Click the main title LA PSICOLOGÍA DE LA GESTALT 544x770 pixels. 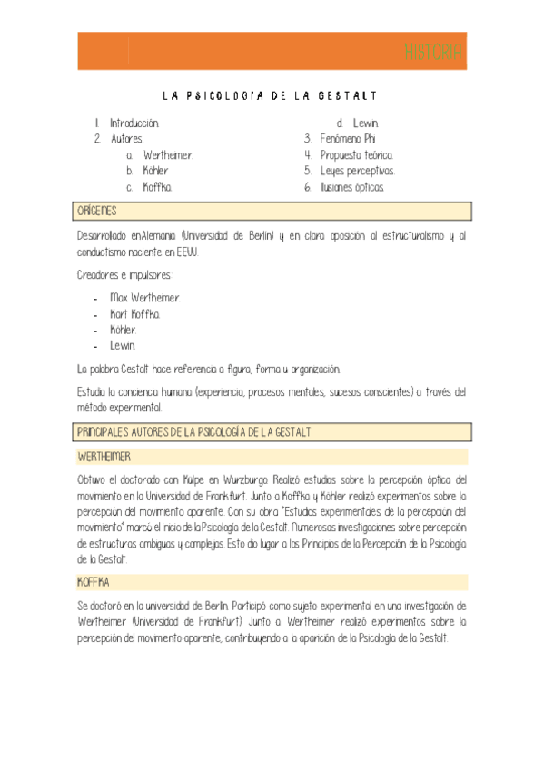pos(270,95)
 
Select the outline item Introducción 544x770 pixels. pos(134,123)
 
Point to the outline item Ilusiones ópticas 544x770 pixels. pos(351,187)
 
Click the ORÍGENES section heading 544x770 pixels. pos(97,211)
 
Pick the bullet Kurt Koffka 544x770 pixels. pos(135,314)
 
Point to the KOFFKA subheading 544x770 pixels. pos(94,581)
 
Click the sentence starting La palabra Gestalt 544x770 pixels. pos(209,369)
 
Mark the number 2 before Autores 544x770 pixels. pos(97,139)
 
